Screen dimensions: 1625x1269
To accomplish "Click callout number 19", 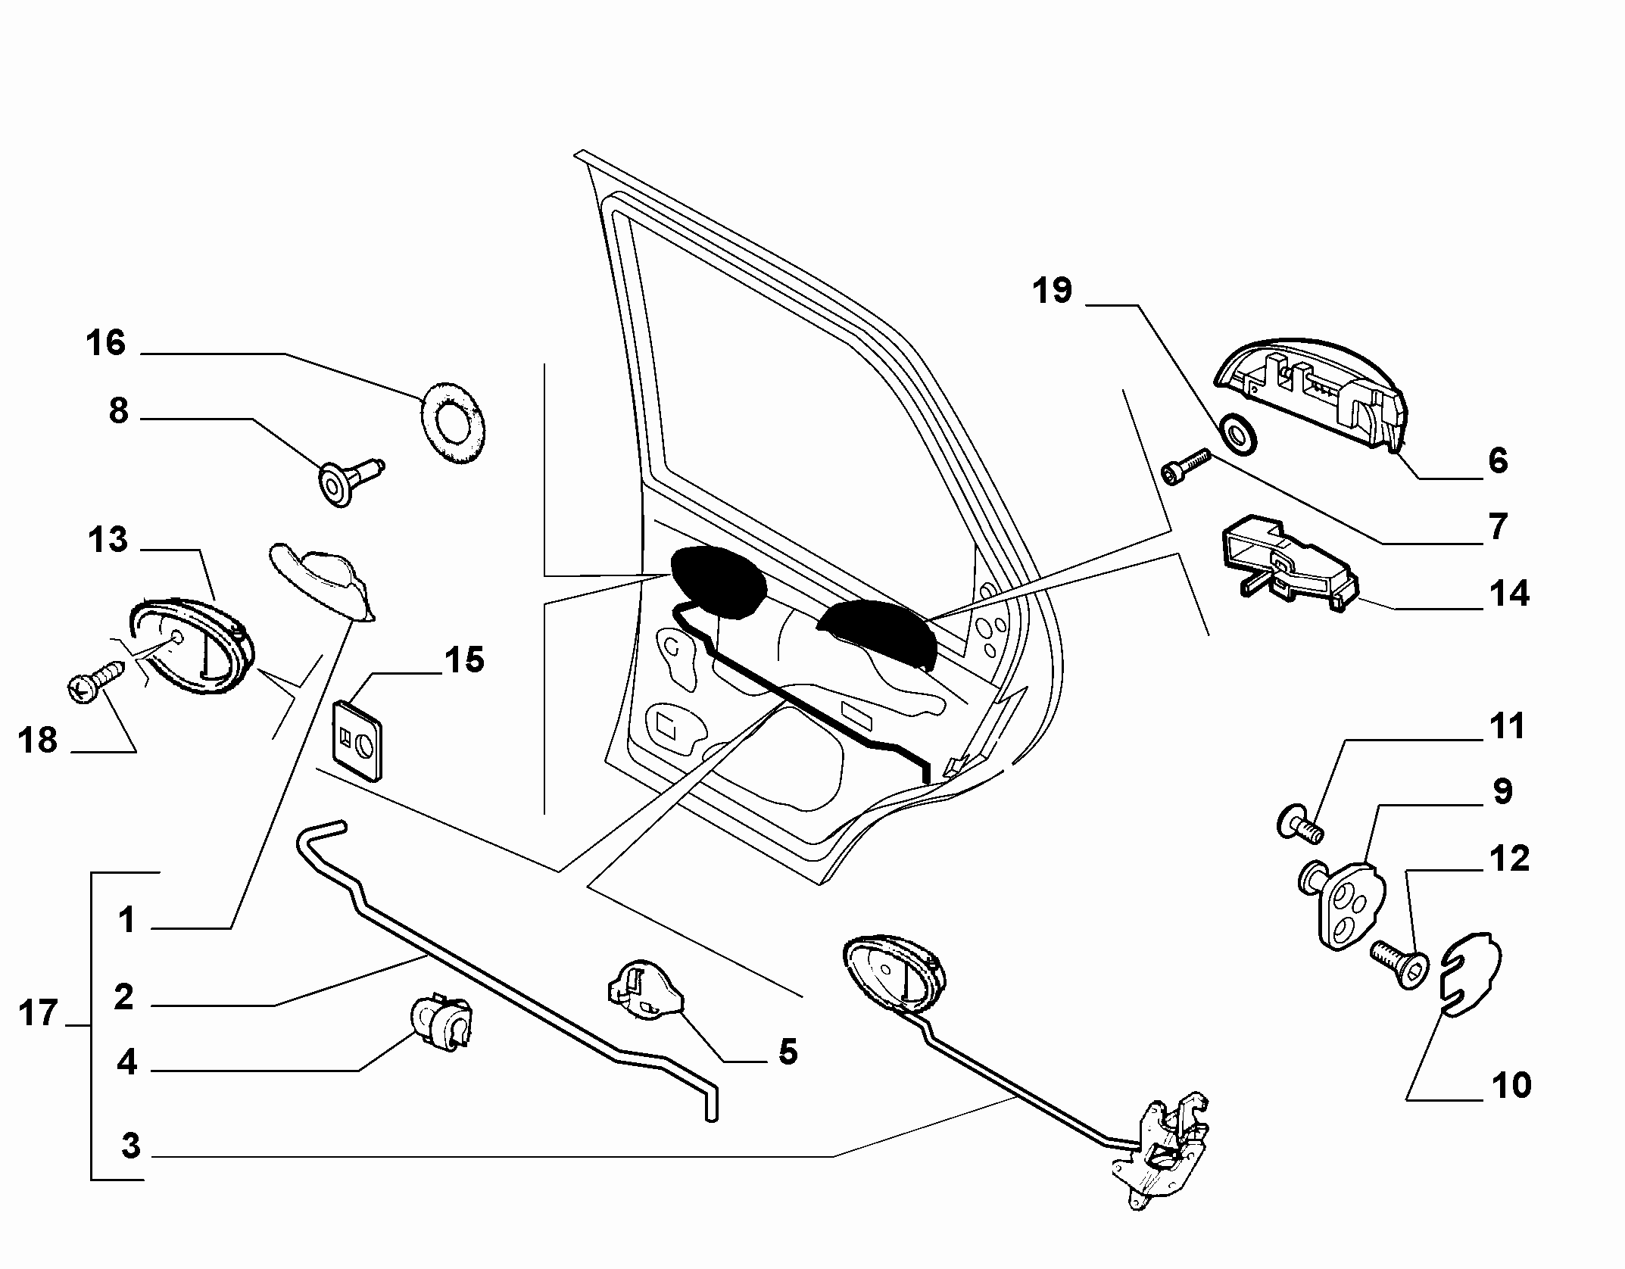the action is click(x=1053, y=290).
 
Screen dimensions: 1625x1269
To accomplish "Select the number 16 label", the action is click(x=105, y=343).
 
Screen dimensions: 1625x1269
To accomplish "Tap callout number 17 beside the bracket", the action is click(x=38, y=1013).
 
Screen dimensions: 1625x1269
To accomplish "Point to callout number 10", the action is click(x=1510, y=1085).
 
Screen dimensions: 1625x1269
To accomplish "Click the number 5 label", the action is click(x=788, y=1052).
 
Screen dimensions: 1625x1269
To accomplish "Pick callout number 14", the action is click(x=1509, y=594).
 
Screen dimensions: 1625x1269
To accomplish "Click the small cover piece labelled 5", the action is click(x=644, y=991).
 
